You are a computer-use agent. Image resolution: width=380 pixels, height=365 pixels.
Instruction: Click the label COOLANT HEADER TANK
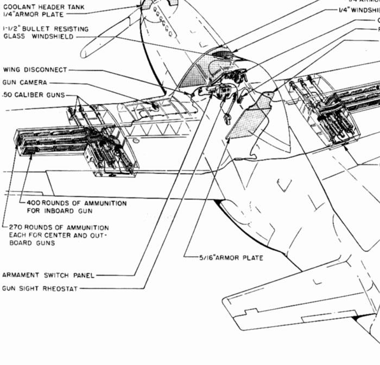point(38,6)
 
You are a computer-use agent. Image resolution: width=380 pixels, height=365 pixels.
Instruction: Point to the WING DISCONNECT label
point(35,70)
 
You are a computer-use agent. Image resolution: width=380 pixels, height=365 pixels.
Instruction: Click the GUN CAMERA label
point(25,82)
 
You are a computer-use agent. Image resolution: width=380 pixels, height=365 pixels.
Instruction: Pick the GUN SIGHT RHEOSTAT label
point(41,288)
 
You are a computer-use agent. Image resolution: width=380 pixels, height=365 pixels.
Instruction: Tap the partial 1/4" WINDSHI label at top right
point(359,10)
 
